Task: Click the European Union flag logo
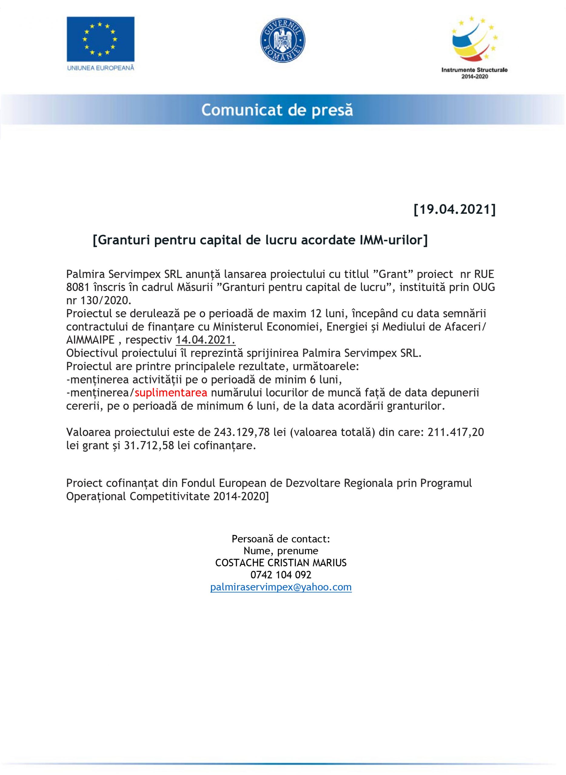tap(100, 39)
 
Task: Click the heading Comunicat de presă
tap(277, 110)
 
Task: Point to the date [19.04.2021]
tap(455, 209)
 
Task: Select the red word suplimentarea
tap(171, 392)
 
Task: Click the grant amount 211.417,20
tap(456, 433)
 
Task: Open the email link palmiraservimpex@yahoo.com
tap(281, 587)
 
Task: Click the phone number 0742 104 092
tap(281, 575)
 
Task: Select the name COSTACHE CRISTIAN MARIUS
tap(281, 563)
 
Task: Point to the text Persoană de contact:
tap(281, 539)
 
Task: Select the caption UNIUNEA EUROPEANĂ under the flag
tap(100, 68)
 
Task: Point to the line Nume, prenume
tap(281, 551)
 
